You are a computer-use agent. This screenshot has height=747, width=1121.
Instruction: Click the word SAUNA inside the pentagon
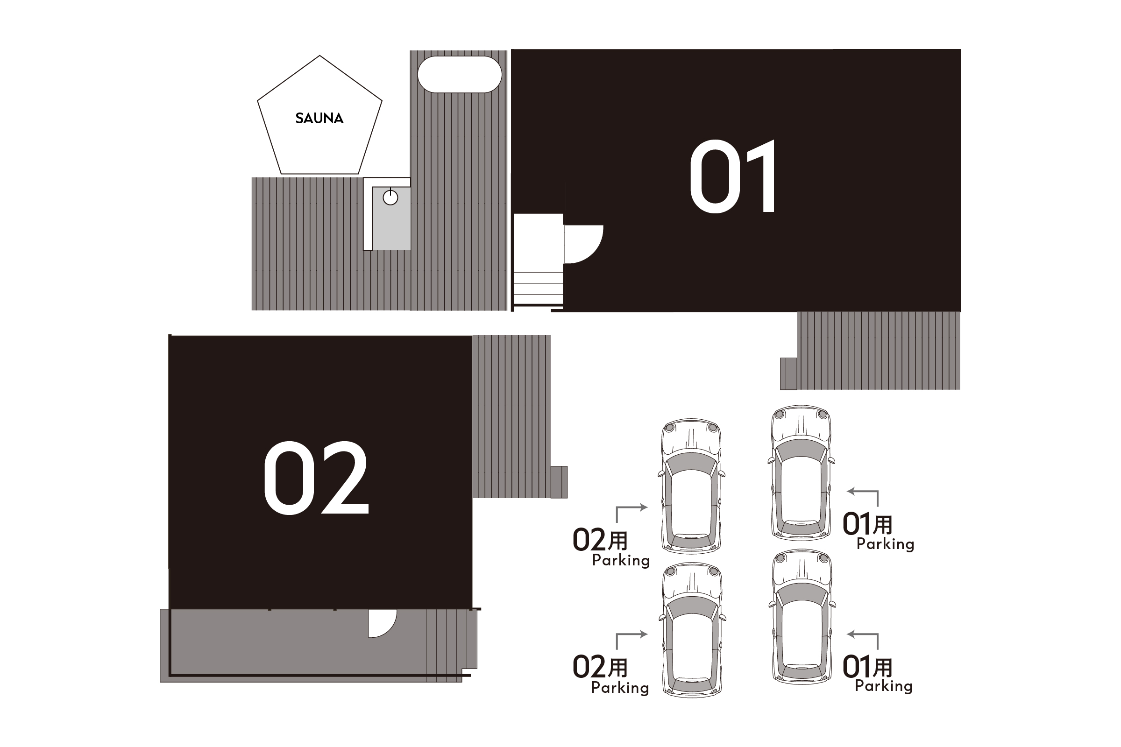pyautogui.click(x=319, y=118)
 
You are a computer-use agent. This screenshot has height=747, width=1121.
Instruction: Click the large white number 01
pyautogui.click(x=733, y=176)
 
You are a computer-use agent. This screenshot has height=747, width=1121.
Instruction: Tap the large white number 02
pyautogui.click(x=317, y=477)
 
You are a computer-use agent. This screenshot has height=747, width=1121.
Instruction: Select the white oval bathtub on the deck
pyautogui.click(x=460, y=74)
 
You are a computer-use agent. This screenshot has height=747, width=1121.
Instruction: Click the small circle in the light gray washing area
pyautogui.click(x=390, y=197)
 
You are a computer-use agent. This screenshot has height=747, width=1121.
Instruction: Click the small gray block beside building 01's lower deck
pyautogui.click(x=788, y=373)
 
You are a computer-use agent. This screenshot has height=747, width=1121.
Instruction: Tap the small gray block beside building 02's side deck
pyautogui.click(x=559, y=482)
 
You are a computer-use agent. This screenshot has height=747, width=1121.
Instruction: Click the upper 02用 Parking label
pyautogui.click(x=611, y=547)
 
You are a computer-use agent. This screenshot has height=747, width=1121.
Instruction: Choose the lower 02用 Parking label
pyautogui.click(x=610, y=675)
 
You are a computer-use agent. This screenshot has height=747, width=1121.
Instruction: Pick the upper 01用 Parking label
pyautogui.click(x=878, y=532)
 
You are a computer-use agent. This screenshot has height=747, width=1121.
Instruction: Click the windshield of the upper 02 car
pyautogui.click(x=691, y=462)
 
